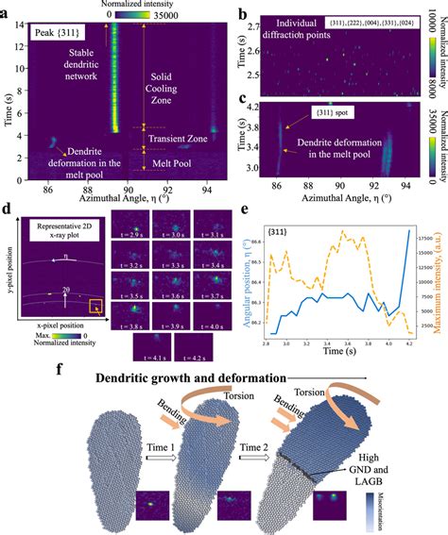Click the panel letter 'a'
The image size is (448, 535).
(8, 10)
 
